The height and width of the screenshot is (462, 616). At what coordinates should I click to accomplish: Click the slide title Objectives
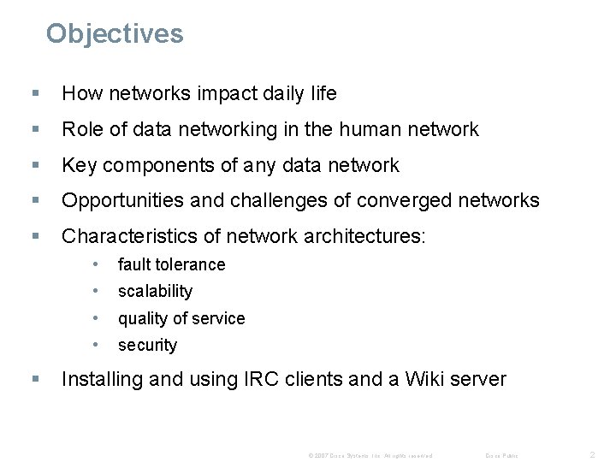click(115, 33)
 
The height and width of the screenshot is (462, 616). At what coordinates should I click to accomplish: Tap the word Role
click(82, 130)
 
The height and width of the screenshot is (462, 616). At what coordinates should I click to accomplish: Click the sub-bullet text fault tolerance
click(172, 264)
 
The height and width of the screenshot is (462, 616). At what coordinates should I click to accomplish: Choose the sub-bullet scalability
click(155, 292)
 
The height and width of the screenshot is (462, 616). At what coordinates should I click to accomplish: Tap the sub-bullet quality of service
click(181, 318)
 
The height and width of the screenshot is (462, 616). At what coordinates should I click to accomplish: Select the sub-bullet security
click(147, 346)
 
